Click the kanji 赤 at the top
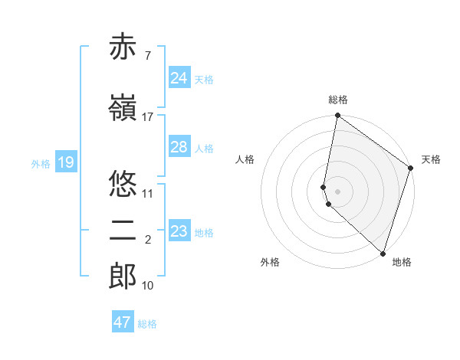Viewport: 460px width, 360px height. pyautogui.click(x=123, y=47)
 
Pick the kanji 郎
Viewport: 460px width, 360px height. pyautogui.click(x=123, y=276)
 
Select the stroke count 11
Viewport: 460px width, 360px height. pyautogui.click(x=148, y=193)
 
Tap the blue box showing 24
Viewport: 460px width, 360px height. pyautogui.click(x=179, y=77)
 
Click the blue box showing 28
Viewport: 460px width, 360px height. pyautogui.click(x=179, y=147)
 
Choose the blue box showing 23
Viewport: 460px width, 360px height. pyautogui.click(x=179, y=231)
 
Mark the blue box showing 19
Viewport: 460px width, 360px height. pyautogui.click(x=65, y=162)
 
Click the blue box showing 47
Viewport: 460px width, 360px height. pyautogui.click(x=123, y=322)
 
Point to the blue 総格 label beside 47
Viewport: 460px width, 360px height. pyautogui.click(x=147, y=324)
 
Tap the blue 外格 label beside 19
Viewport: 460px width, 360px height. pyautogui.click(x=40, y=163)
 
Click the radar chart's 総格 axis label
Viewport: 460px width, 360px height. pyautogui.click(x=338, y=100)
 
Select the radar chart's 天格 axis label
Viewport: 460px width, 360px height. pyautogui.click(x=431, y=159)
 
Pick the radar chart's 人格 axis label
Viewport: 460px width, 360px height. pyautogui.click(x=245, y=159)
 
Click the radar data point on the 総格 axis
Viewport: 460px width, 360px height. pyautogui.click(x=337, y=116)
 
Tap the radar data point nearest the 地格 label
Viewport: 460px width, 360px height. pyautogui.click(x=383, y=253)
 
